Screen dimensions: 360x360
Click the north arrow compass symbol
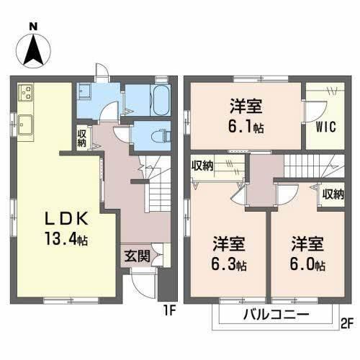coord(33,49)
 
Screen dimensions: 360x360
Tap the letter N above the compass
coord(33,26)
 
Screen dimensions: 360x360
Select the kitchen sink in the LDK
coord(25,123)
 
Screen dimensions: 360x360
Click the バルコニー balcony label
coord(275,315)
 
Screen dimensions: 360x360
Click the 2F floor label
coord(346,323)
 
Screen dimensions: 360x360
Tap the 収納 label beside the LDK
coord(82,138)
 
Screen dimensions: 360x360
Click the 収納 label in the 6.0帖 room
coord(333,194)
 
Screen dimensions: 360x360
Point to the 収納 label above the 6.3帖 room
coord(203,166)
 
